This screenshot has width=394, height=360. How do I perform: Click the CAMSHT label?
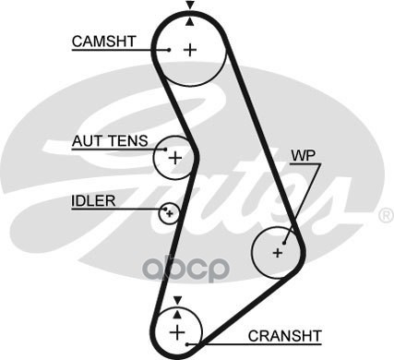click(103, 42)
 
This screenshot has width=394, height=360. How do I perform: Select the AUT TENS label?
click(110, 141)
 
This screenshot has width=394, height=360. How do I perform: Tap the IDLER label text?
click(93, 201)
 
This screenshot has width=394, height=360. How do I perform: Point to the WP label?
click(304, 156)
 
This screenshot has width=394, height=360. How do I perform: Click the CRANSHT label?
click(285, 336)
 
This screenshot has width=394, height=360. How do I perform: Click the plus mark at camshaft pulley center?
click(190, 50)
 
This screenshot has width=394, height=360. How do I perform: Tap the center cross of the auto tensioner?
click(175, 159)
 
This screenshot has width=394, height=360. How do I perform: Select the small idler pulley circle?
click(169, 213)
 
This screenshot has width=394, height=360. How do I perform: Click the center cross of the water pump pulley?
click(278, 253)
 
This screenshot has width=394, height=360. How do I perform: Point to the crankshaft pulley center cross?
click(177, 332)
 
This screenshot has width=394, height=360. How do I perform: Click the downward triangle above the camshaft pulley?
click(190, 6)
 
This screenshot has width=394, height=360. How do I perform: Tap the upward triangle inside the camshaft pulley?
click(190, 21)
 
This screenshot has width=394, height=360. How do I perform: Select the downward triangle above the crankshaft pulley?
click(177, 300)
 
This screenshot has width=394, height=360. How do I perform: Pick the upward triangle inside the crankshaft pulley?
click(177, 314)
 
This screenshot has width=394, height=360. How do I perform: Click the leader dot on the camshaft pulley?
click(169, 50)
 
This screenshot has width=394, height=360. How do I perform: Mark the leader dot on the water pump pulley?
click(284, 243)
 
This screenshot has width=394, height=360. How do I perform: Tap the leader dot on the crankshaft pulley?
click(186, 344)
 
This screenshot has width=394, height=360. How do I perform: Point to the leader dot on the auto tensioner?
click(165, 150)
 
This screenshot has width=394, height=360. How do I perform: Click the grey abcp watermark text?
click(186, 269)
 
